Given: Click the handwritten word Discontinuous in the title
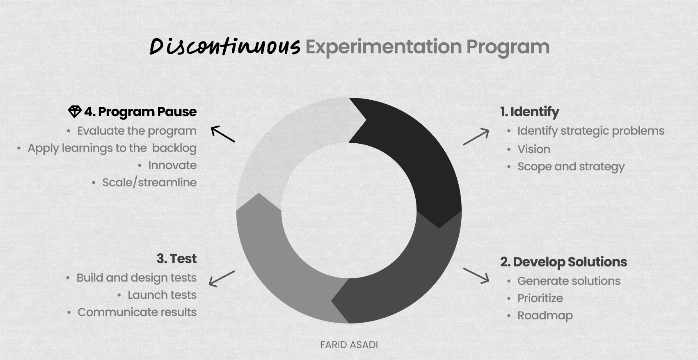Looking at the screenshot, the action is pos(225,47).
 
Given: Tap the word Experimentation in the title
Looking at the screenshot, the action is pos(384,47).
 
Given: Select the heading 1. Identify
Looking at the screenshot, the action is pos(530,112).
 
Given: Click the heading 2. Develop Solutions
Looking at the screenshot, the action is pos(564,262).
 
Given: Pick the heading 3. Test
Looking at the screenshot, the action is pos(176,259).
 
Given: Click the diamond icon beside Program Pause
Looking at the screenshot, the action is pos(75,112).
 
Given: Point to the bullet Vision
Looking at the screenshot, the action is pos(534,149).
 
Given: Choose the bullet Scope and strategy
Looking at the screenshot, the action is pos(571,167).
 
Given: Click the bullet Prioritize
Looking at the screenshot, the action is pos(540,298).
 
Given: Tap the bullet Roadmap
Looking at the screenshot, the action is pos(545,316).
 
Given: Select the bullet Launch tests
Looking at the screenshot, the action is pos(162,295).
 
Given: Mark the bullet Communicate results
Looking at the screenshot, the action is pos(137,312).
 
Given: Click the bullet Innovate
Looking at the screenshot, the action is pos(172,165).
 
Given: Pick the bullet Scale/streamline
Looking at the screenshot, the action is pos(149,183).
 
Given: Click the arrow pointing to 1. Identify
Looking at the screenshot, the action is pos(476,137).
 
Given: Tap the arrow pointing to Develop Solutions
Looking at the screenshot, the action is pos(476,276).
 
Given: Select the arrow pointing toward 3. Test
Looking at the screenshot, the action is pos(222,279).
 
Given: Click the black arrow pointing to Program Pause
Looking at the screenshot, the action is pos(223,134).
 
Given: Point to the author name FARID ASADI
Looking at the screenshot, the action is pos(349,345).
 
